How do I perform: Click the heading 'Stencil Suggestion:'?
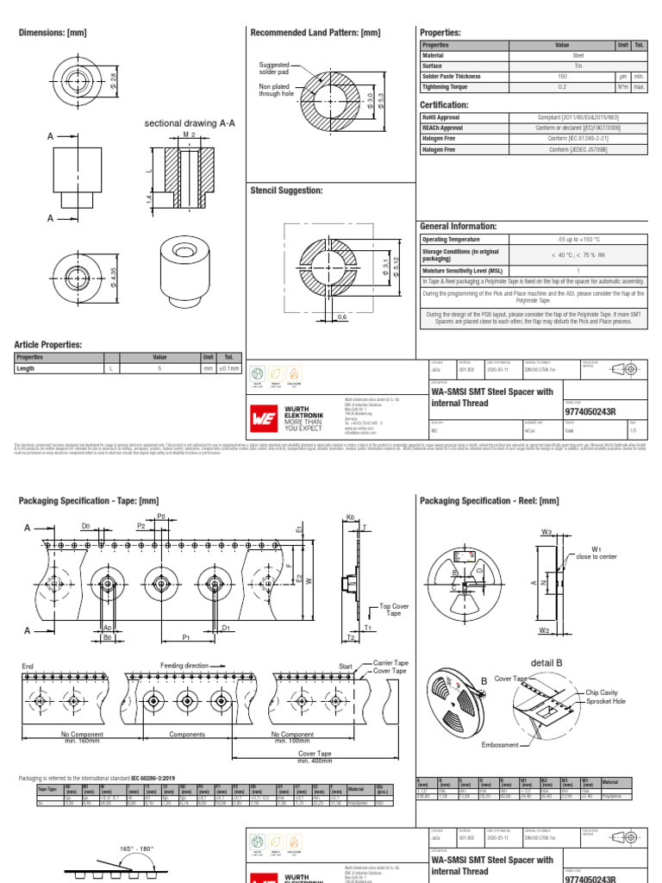[x=286, y=190]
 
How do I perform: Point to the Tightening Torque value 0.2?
[x=562, y=87]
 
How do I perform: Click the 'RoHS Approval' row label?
[x=442, y=117]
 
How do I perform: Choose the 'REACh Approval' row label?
[x=444, y=128]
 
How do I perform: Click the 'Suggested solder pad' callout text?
[x=276, y=69]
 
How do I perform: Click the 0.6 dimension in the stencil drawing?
[x=342, y=317]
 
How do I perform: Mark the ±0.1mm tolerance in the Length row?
[x=228, y=368]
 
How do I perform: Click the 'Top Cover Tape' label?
[x=395, y=611]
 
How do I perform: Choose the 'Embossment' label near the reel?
[x=501, y=744]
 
